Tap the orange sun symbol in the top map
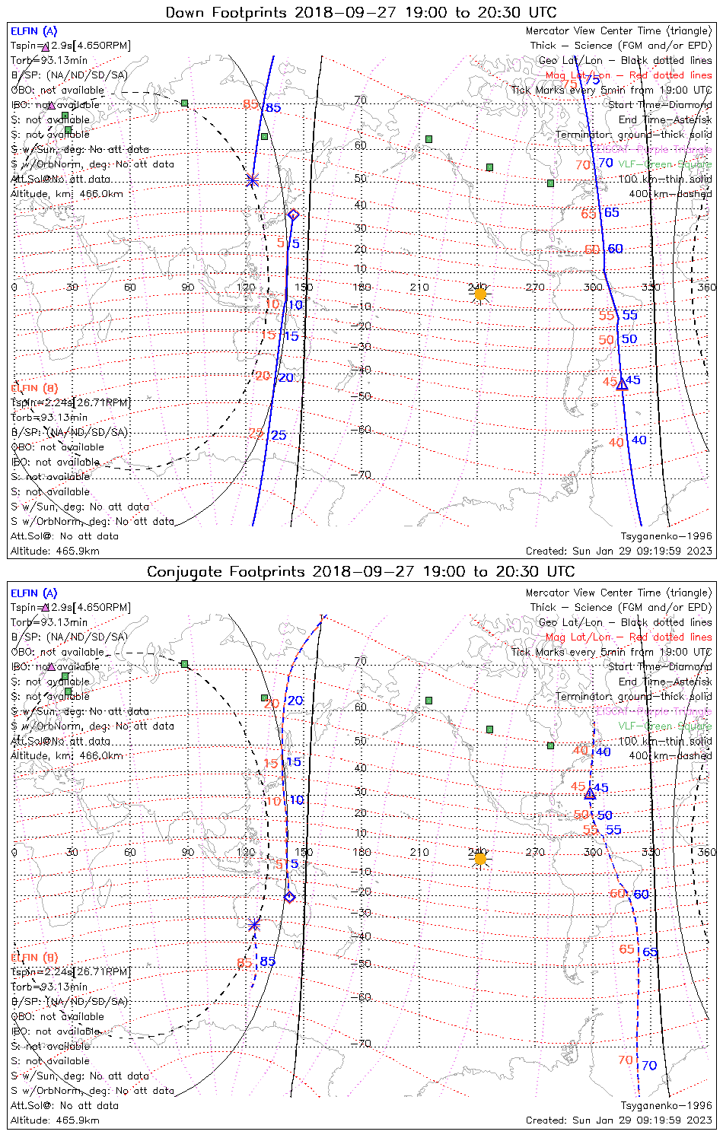click(479, 294)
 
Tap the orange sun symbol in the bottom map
click(479, 859)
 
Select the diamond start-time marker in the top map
click(293, 215)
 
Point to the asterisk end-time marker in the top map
click(252, 180)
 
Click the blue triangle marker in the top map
click(622, 384)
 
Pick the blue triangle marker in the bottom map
click(590, 793)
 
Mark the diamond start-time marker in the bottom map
click(289, 898)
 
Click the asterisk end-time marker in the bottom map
click(254, 925)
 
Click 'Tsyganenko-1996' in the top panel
click(666, 536)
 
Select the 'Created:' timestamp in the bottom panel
click(619, 1120)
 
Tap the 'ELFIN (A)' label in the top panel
click(33, 31)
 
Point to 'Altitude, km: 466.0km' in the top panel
click(67, 194)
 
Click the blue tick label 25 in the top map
click(279, 435)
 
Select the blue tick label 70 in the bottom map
click(648, 1066)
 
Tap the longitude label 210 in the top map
click(419, 288)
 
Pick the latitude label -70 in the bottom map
click(362, 1044)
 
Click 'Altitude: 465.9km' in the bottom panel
click(55, 1120)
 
